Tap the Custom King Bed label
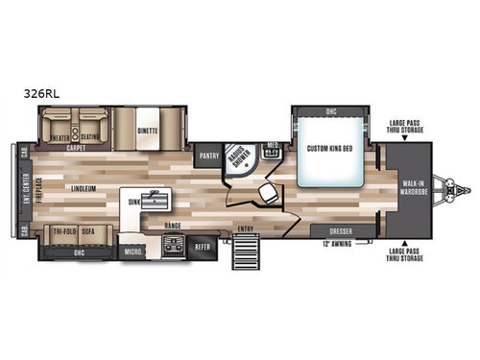coord(331,148)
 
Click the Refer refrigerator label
coord(203,245)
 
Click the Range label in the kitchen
coord(173,225)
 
